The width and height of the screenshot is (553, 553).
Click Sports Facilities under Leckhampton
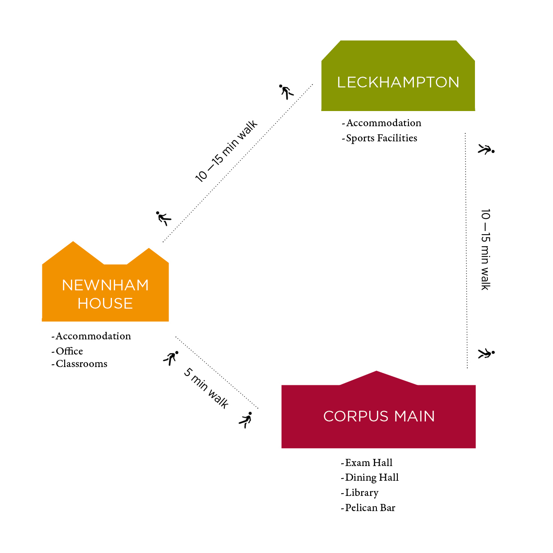(x=381, y=138)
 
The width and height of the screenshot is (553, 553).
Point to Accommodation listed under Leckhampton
(x=384, y=123)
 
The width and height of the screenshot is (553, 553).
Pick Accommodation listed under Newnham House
(x=93, y=336)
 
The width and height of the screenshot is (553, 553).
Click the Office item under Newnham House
(x=69, y=351)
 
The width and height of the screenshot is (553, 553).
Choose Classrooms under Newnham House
(x=82, y=364)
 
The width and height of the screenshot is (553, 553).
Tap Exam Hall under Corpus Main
(x=368, y=463)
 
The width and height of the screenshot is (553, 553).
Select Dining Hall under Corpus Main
(x=371, y=478)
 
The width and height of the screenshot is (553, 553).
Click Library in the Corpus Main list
(x=362, y=493)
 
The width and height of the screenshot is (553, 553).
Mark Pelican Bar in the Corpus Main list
(x=370, y=508)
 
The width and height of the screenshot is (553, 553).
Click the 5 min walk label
(x=206, y=388)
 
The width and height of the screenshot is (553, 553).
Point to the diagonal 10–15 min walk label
(x=226, y=151)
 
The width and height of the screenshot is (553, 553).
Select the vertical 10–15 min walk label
(x=485, y=249)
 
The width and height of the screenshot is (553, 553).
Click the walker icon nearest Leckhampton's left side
(x=286, y=91)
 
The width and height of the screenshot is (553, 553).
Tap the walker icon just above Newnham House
(x=163, y=218)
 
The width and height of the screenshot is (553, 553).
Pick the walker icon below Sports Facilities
(x=486, y=149)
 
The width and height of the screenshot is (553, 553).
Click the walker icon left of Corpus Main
(x=246, y=420)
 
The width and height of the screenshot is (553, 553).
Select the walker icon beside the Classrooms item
(x=171, y=358)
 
